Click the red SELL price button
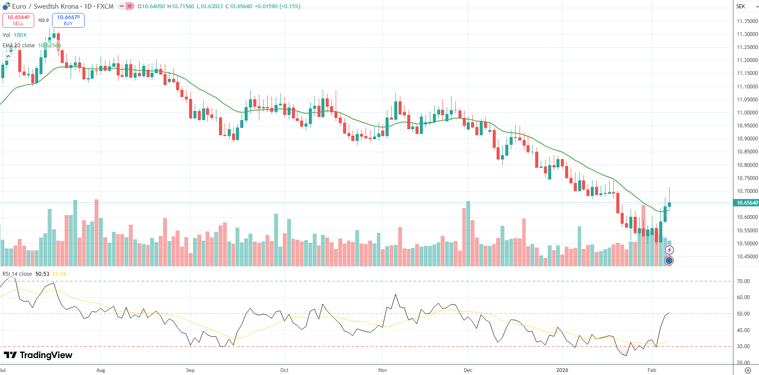(x=18, y=20)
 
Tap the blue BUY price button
(x=68, y=20)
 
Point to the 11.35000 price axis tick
(x=747, y=21)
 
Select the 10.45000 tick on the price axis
(x=747, y=257)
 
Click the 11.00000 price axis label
(x=747, y=113)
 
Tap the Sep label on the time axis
(x=190, y=370)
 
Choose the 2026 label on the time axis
(x=562, y=370)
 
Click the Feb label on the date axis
(x=651, y=370)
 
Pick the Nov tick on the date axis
(x=383, y=370)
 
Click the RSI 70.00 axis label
(x=743, y=281)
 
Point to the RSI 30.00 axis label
(x=743, y=346)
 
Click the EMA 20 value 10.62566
(x=49, y=46)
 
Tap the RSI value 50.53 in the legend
(x=42, y=274)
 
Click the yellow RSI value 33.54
(x=59, y=274)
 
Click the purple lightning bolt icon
(x=669, y=250)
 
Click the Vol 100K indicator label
(x=15, y=35)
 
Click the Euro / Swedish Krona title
(x=45, y=7)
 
